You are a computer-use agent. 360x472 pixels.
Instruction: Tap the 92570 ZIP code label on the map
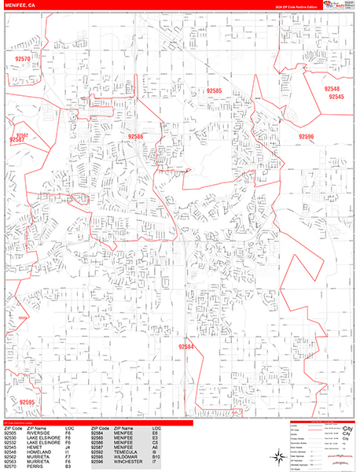tap(23, 59)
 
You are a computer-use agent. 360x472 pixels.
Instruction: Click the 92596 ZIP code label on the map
tap(306, 136)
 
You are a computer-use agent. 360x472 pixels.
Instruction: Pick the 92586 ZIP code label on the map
tap(136, 137)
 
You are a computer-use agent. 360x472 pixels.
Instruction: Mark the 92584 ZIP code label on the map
tap(186, 346)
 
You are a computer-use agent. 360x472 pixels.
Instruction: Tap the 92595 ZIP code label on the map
tap(28, 402)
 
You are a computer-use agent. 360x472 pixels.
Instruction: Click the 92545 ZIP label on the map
tap(336, 97)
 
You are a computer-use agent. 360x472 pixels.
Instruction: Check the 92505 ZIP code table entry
tap(10, 433)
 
